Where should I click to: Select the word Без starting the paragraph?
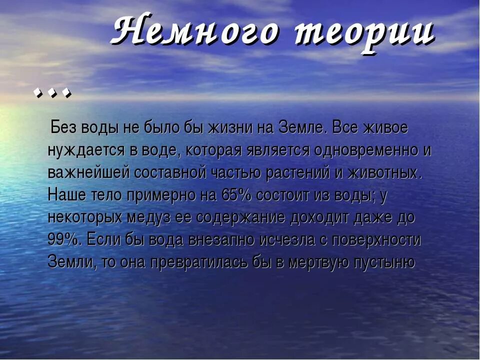coord(63,128)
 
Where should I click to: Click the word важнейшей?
coord(87,173)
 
